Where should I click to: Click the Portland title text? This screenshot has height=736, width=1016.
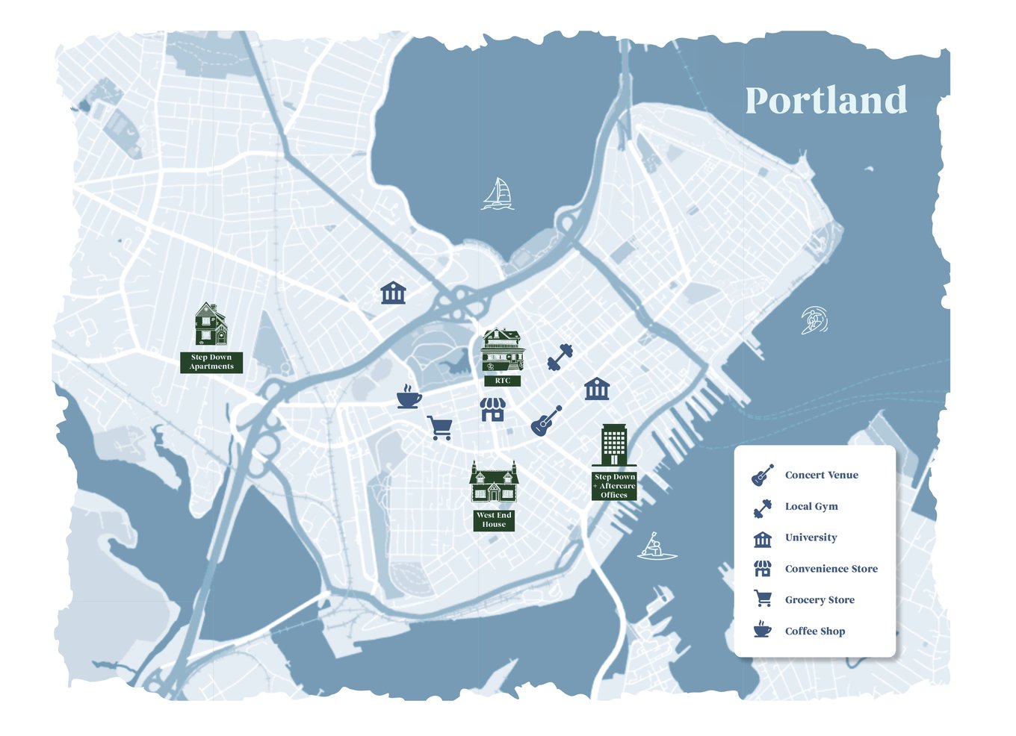click(x=825, y=101)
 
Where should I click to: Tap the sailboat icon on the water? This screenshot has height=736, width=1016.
click(x=498, y=194)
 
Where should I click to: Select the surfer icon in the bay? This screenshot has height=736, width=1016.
click(x=814, y=320)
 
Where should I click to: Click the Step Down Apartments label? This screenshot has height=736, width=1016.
click(x=211, y=362)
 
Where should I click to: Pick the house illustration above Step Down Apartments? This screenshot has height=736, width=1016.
click(x=211, y=325)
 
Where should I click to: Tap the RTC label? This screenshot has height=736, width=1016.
click(x=503, y=381)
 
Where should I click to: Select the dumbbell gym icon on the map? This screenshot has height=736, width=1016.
click(x=560, y=357)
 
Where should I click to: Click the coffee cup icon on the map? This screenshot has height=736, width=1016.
click(x=408, y=397)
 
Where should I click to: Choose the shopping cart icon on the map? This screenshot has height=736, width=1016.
click(x=439, y=428)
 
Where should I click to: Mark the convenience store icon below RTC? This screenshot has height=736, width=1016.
click(x=492, y=409)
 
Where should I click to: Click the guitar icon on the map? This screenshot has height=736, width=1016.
click(x=546, y=421)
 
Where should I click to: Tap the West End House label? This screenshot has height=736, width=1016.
click(x=494, y=520)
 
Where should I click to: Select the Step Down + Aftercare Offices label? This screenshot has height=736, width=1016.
click(x=614, y=486)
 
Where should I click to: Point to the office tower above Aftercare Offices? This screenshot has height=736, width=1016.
click(x=614, y=445)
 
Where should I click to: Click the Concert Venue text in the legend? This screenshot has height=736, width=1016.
click(x=821, y=475)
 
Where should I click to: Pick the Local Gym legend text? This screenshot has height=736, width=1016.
click(x=811, y=506)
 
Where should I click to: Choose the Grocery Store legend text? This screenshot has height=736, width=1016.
click(x=820, y=600)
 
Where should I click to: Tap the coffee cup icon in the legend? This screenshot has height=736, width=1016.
click(x=762, y=629)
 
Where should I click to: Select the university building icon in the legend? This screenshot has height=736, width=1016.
click(x=762, y=539)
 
